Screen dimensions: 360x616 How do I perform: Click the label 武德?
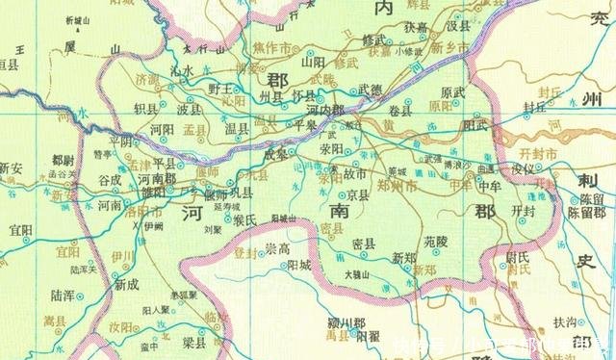pyautogui.click(x=370, y=90)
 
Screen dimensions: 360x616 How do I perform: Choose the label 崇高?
pyautogui.click(x=279, y=248)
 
